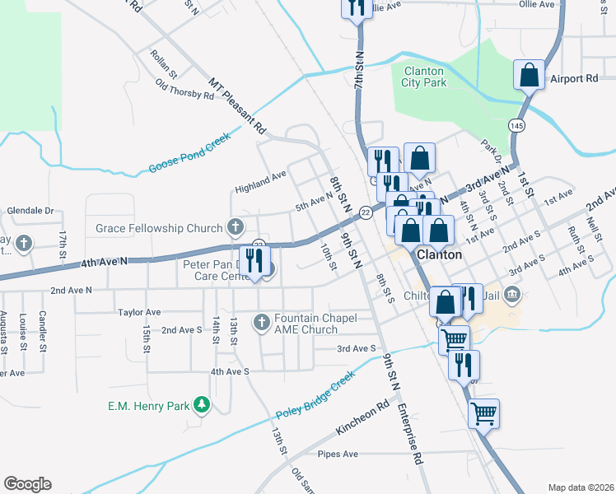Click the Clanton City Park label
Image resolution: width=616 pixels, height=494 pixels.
[424, 77]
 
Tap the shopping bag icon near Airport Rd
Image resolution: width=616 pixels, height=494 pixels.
[529, 75]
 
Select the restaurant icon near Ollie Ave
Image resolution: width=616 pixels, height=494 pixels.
[356, 7]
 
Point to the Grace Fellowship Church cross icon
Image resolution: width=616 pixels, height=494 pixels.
[236, 227]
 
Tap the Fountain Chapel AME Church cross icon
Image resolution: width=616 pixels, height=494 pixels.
[262, 322]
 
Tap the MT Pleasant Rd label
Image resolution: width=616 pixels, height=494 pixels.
[238, 105]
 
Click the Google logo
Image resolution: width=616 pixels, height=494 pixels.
[27, 483]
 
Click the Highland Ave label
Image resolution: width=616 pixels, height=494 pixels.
[260, 175]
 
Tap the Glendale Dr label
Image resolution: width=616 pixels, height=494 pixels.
[30, 211]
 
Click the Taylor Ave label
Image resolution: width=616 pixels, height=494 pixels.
[139, 312]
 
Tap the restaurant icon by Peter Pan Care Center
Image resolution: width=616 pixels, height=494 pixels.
[254, 262]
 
